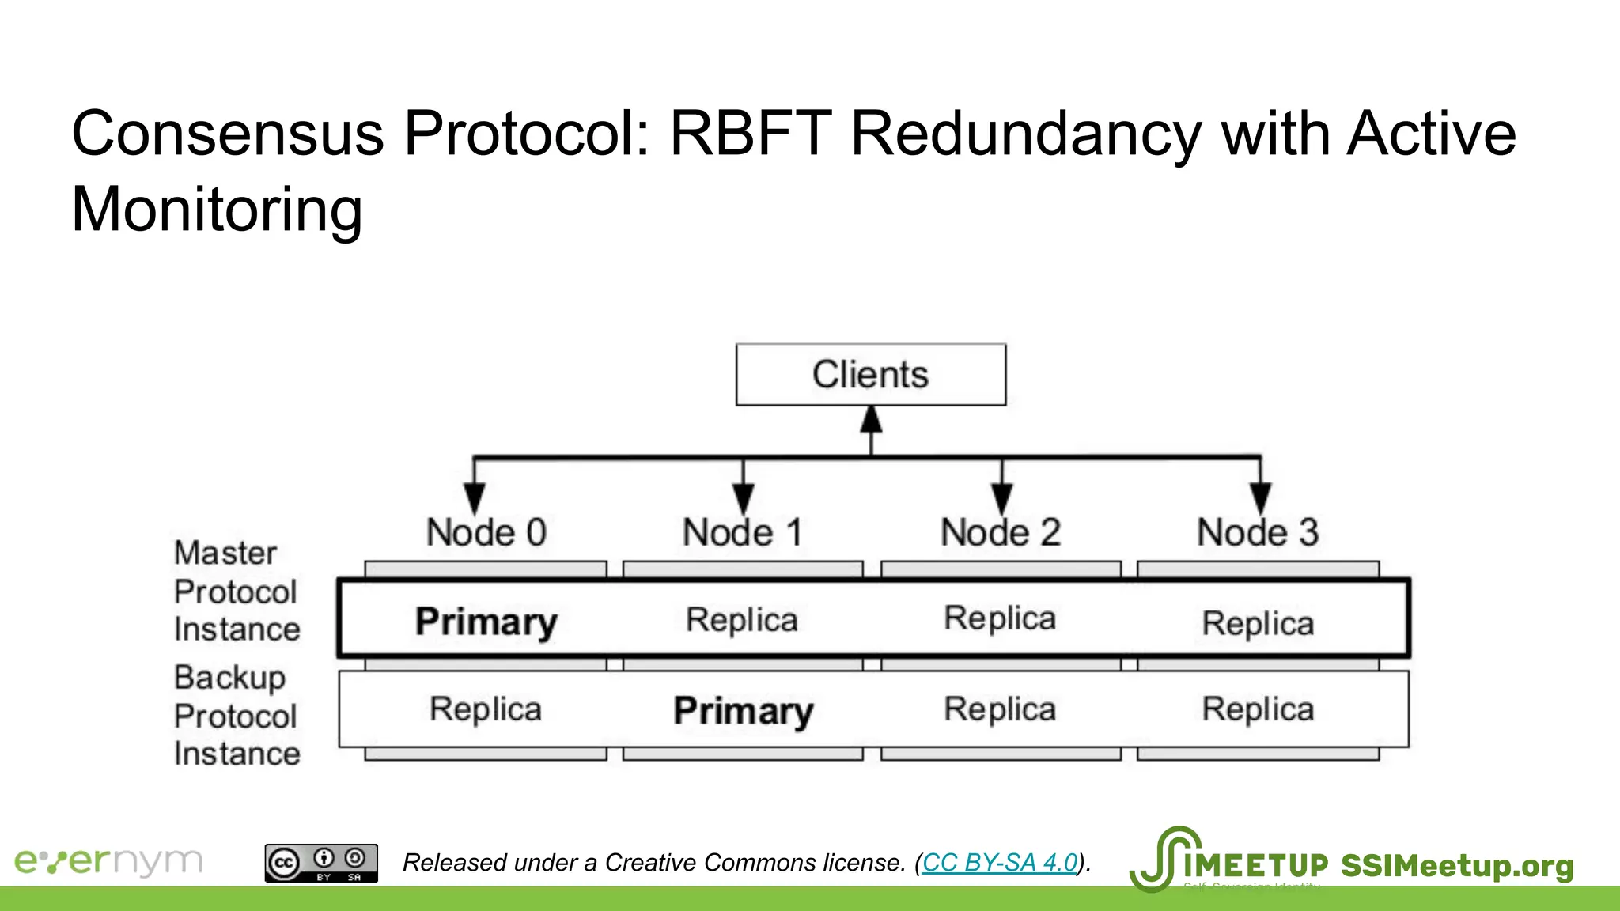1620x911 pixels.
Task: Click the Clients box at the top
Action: click(870, 375)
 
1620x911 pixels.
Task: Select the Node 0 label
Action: click(486, 532)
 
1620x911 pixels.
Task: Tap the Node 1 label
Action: click(742, 532)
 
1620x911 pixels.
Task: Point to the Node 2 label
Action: click(1000, 532)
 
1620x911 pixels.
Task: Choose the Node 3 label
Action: click(1257, 532)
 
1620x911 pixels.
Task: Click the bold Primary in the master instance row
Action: click(486, 622)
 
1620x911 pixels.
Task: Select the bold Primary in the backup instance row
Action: click(743, 710)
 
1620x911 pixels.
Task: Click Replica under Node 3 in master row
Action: click(1258, 623)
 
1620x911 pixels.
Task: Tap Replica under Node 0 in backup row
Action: click(486, 709)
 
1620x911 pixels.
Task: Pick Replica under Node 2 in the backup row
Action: click(1000, 709)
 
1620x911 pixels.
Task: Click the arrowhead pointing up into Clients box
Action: click(871, 420)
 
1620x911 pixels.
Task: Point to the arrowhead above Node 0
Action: click(474, 497)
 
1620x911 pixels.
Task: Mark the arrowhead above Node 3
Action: click(1260, 497)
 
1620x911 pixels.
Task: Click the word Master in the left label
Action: click(225, 553)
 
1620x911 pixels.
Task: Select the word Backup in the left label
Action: click(229, 678)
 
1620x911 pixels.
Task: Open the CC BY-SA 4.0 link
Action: click(1000, 862)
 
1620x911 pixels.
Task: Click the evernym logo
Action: click(108, 861)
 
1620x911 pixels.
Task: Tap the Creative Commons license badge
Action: click(321, 863)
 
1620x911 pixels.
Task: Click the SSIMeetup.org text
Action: click(1456, 866)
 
